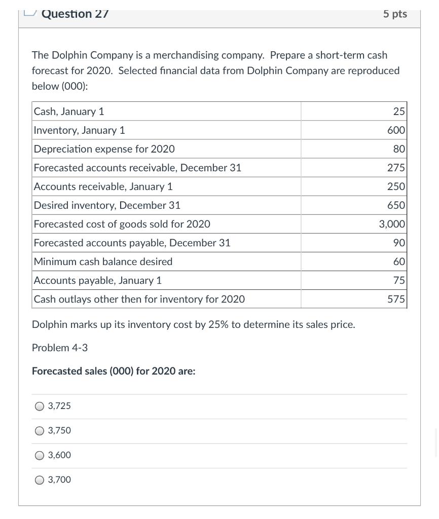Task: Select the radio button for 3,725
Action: tap(40, 406)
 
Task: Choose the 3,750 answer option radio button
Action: tap(40, 431)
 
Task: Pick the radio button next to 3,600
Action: tap(40, 455)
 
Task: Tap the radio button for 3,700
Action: tap(40, 479)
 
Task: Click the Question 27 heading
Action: tap(75, 14)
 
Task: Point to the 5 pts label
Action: tap(395, 14)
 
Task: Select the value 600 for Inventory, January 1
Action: tap(396, 130)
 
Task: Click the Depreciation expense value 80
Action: tap(399, 149)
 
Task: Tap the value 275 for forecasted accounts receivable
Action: tap(396, 168)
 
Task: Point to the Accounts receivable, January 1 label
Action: tap(103, 187)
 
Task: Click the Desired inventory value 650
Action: tap(396, 205)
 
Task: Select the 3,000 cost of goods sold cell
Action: tap(392, 224)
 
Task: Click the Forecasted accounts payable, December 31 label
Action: tap(132, 243)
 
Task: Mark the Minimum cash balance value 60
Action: tap(399, 262)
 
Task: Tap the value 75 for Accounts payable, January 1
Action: tap(399, 280)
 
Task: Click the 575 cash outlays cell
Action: tap(396, 299)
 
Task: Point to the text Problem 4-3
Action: tap(60, 348)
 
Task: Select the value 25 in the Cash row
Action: tap(399, 112)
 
